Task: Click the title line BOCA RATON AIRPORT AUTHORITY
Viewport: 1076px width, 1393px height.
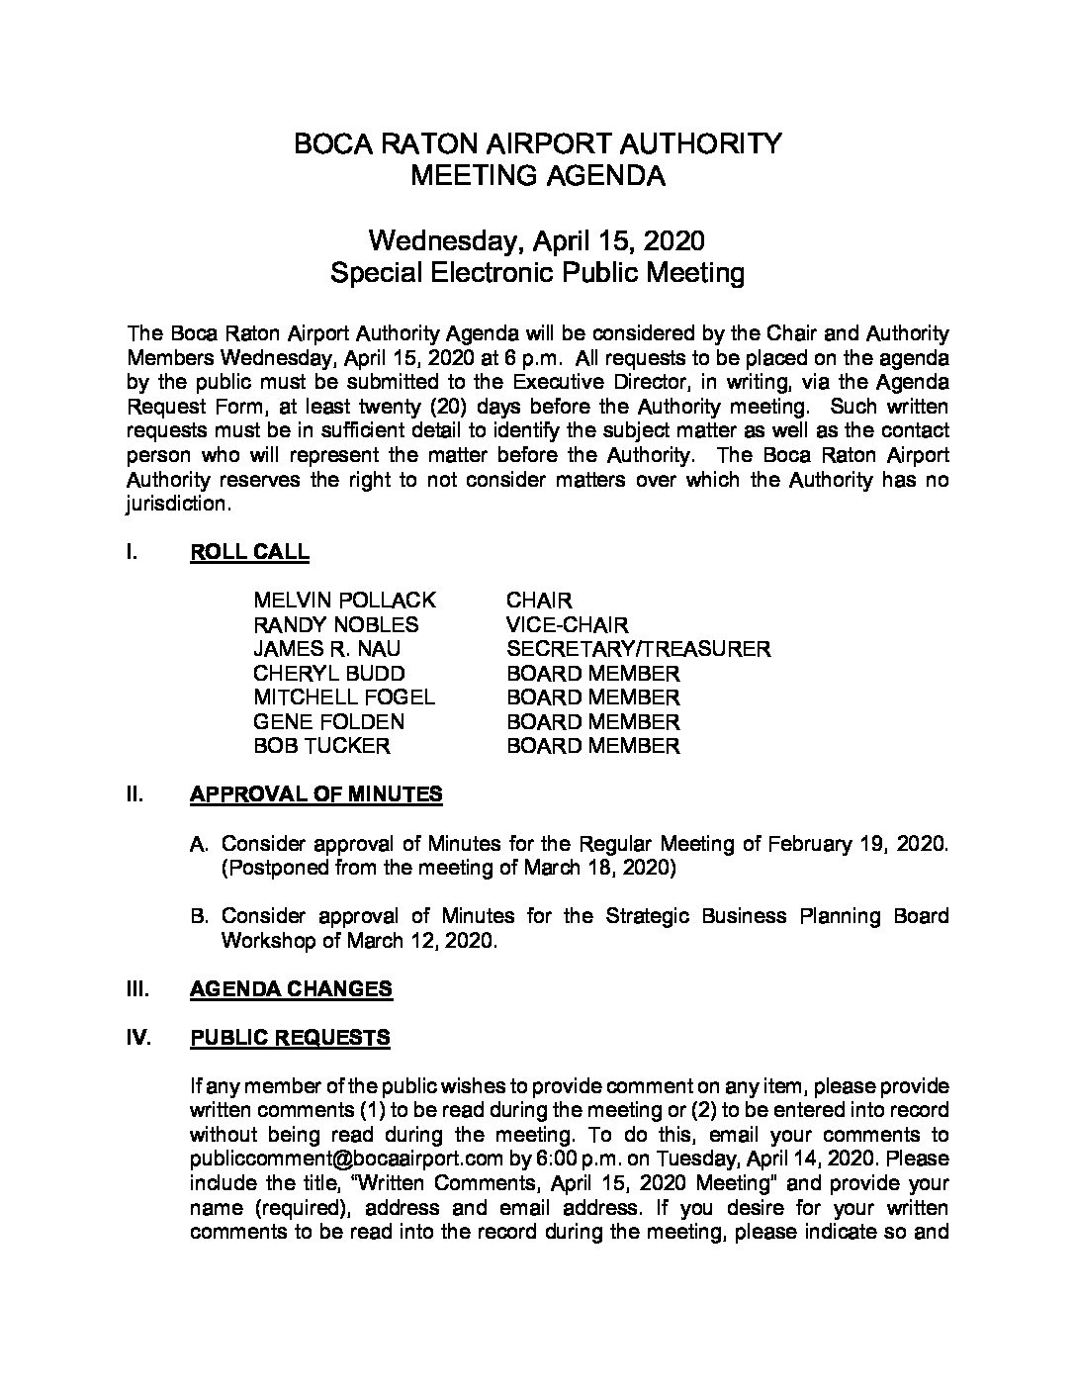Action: pos(537,143)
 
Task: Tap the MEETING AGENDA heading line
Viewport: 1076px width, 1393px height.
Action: pos(537,176)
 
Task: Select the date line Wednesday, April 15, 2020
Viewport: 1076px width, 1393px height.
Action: pos(537,240)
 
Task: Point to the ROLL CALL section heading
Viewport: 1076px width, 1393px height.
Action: pos(249,552)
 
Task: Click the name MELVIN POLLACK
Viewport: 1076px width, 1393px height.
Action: pos(344,601)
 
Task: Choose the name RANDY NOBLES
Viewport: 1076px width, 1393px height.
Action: pos(335,625)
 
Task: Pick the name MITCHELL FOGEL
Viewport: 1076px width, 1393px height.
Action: pos(344,697)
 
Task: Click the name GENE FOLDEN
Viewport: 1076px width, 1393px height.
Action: pos(328,722)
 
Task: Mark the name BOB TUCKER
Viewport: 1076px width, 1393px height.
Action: pos(321,746)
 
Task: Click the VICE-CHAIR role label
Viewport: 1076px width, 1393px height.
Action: pos(567,625)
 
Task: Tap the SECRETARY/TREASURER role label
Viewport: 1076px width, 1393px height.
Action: pos(638,649)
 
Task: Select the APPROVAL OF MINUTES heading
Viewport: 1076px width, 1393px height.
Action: pos(315,794)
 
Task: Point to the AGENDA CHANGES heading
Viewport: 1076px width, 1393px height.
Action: pos(291,988)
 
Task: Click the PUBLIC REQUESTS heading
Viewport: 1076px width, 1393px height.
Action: pos(290,1037)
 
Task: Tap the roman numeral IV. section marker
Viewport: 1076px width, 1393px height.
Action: pos(138,1037)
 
